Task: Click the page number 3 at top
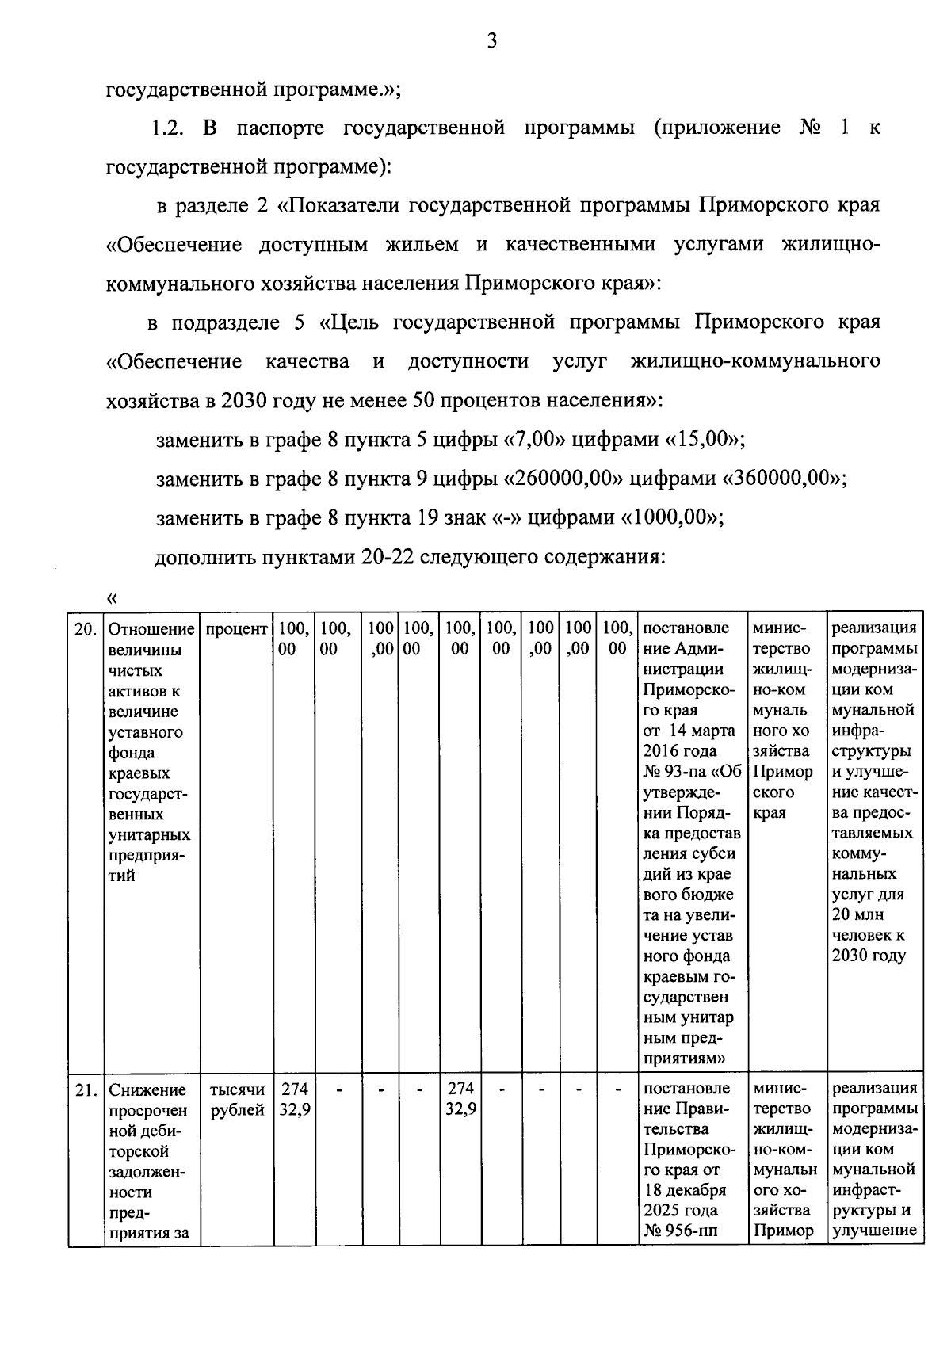pyautogui.click(x=491, y=41)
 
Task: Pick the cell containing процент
pyautogui.click(x=236, y=629)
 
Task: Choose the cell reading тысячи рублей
pyautogui.click(x=237, y=1100)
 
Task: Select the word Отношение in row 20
pyautogui.click(x=151, y=629)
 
